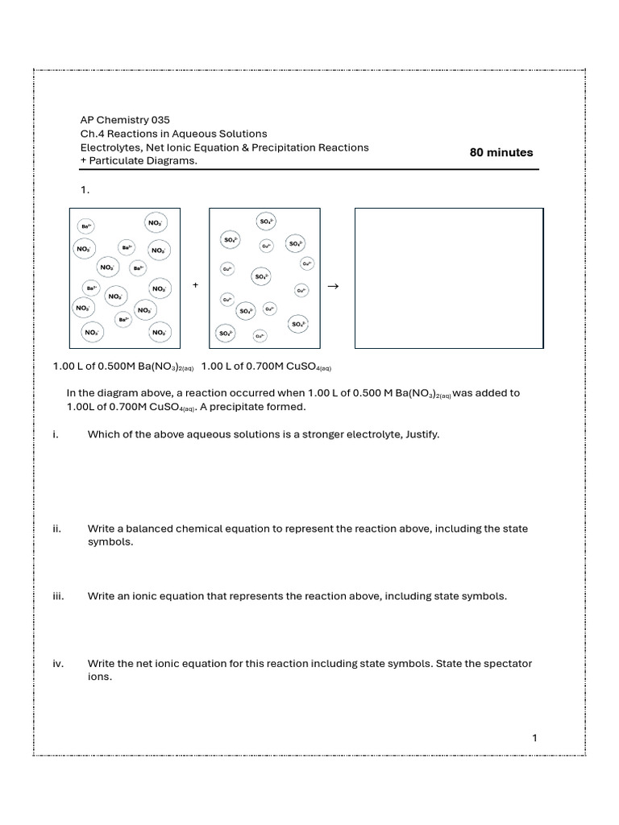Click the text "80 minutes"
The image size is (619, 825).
(x=501, y=152)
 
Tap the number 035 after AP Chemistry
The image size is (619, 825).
(x=157, y=119)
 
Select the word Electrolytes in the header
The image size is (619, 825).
(x=110, y=147)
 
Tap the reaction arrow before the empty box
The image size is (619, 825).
(x=333, y=285)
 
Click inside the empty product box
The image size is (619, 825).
(x=449, y=278)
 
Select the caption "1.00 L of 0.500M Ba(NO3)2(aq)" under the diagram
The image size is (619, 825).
(x=123, y=367)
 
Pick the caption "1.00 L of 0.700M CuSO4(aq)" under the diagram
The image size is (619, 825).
(x=266, y=367)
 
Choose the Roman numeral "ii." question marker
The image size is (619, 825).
(x=58, y=529)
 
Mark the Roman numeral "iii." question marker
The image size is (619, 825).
(x=59, y=596)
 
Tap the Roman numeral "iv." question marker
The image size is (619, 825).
(x=59, y=664)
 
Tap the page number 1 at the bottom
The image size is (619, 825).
(x=534, y=738)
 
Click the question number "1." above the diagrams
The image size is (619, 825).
(x=85, y=191)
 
